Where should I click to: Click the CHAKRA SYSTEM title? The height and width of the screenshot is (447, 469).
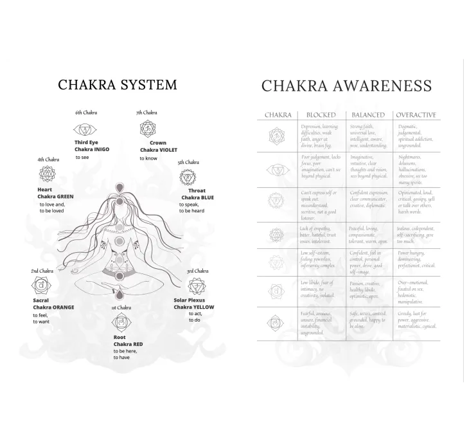coord(118,85)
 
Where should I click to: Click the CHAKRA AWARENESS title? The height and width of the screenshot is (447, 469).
coord(346,87)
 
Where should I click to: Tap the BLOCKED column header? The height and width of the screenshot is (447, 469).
coord(321,115)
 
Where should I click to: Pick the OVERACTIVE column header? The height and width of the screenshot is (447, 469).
coord(416,115)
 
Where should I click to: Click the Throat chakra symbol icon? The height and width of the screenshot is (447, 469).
coord(188,178)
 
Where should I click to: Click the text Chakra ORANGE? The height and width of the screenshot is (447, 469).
coord(53,307)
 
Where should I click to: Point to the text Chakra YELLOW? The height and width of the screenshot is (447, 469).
coord(194,307)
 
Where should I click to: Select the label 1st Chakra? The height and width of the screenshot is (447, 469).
coord(121,308)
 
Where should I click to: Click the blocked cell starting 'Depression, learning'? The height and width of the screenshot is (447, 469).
coord(319,136)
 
